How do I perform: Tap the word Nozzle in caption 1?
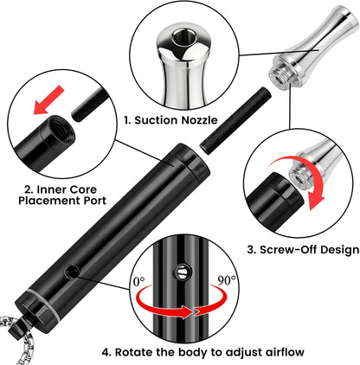199,120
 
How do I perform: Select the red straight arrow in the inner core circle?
48,99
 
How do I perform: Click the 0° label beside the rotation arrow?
139,281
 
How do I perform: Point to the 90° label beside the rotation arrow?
226,280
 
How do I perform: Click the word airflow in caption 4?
285,352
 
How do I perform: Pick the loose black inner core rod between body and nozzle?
235,121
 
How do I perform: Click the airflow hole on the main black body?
72,272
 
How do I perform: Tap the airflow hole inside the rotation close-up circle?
182,272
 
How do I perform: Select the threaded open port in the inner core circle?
61,129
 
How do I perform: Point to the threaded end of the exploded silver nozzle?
280,75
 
